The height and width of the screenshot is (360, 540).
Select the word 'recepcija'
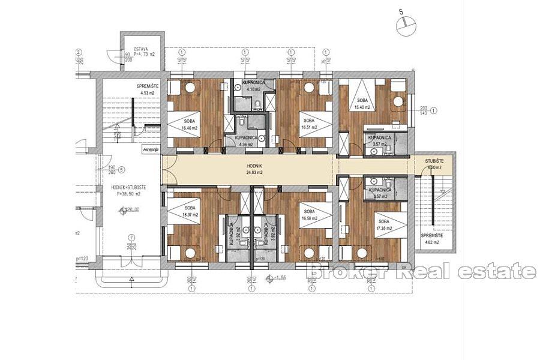coord(151,149)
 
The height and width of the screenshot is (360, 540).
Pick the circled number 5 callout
coord(121,170)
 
